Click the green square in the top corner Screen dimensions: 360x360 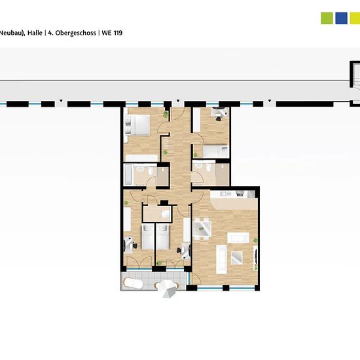click(327, 18)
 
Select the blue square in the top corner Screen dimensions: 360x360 click(341, 18)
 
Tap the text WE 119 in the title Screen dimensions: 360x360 click(112, 33)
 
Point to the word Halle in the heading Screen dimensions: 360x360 click(35, 33)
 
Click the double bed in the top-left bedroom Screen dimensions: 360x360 click(137, 125)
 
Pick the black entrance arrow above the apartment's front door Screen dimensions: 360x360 click(177, 101)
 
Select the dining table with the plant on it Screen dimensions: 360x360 click(202, 228)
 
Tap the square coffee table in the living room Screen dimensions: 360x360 click(237, 257)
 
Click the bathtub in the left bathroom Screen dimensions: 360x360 click(128, 175)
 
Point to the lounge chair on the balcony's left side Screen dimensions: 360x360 click(133, 283)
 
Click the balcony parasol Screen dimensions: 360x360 click(168, 289)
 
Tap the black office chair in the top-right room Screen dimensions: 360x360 click(219, 118)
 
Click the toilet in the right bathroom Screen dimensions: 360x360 click(208, 168)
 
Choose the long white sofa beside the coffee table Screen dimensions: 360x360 click(221, 259)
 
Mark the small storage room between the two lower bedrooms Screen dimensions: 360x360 click(157, 214)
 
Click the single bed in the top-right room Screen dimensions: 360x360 click(215, 152)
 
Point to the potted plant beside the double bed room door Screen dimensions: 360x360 click(166, 115)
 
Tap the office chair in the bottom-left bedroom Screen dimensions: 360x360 click(135, 245)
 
